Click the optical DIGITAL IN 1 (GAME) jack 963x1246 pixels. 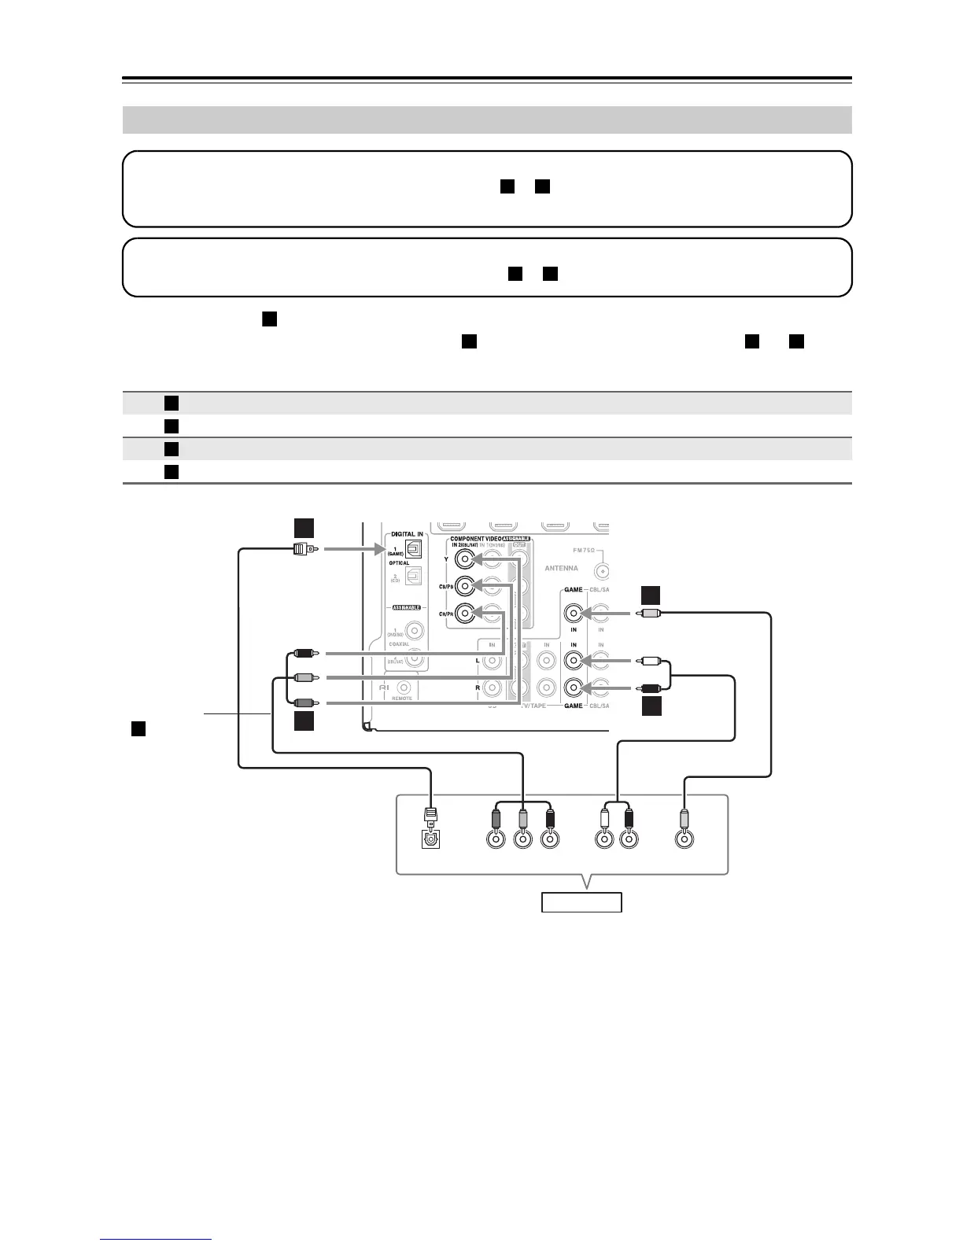(x=413, y=551)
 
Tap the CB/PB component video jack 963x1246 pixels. (x=467, y=586)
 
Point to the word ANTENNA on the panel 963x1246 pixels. (x=561, y=568)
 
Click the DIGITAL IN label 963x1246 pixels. (x=407, y=534)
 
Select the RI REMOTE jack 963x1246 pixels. (x=406, y=687)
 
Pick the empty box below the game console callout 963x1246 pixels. (x=581, y=902)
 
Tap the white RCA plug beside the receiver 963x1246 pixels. (x=650, y=662)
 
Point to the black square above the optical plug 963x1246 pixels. (x=304, y=527)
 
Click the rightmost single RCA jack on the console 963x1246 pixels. (x=685, y=840)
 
